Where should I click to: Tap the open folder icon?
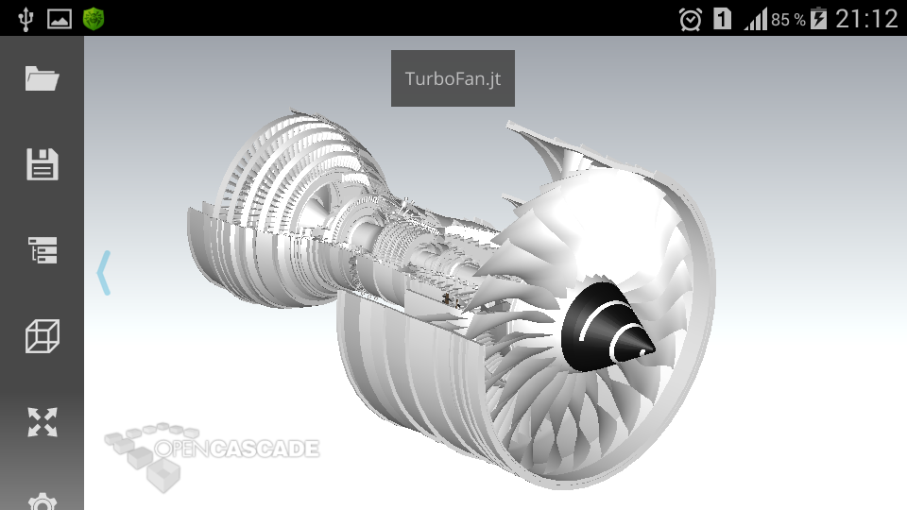(x=43, y=78)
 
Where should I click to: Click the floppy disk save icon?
(x=43, y=164)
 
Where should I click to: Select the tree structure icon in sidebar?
(x=43, y=249)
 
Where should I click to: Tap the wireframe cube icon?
(x=43, y=336)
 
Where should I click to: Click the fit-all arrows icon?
(x=43, y=422)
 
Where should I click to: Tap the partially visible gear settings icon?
(x=43, y=501)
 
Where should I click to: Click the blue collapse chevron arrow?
(x=104, y=273)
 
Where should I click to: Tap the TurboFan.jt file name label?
(x=453, y=78)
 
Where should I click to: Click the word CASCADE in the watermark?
(x=264, y=449)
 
